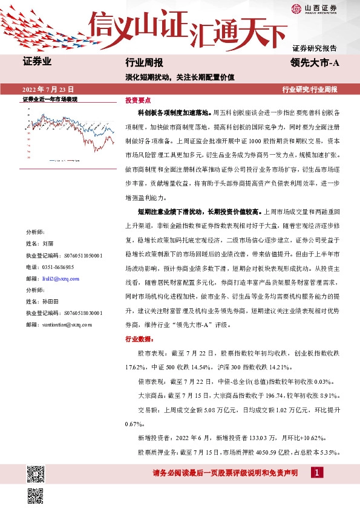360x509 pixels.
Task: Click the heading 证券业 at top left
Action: pos(36,62)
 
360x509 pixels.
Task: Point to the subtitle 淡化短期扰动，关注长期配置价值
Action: pos(179,77)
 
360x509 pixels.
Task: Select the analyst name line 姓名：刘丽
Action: pos(40,244)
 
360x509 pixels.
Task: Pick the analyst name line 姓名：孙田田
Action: pos(42,301)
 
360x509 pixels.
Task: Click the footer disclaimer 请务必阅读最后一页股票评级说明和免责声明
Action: pos(225,473)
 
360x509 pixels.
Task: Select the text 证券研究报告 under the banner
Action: pos(315,48)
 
